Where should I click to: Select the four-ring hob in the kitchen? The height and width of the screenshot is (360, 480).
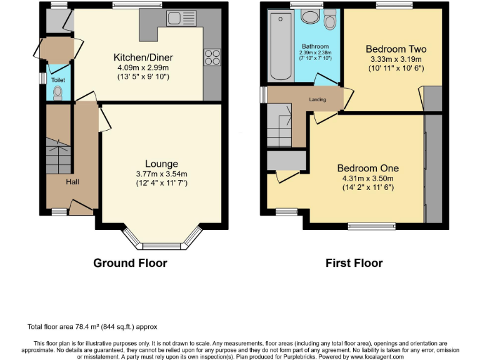tap(212, 57)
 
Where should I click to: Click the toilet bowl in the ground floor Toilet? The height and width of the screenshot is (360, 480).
tap(58, 92)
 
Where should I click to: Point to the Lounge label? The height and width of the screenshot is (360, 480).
tap(161, 164)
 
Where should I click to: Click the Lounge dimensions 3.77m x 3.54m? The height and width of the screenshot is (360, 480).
tap(161, 174)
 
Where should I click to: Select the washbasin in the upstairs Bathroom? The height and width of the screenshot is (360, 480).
tap(309, 17)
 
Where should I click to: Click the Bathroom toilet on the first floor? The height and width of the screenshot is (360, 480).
tap(330, 21)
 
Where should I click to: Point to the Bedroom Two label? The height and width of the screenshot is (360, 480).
tap(396, 49)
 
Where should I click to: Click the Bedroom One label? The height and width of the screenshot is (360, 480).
tap(367, 168)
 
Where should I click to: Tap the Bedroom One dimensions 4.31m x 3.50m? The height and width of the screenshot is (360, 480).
tap(367, 178)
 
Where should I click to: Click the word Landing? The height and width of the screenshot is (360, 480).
tap(317, 99)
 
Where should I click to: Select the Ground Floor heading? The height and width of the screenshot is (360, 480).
tap(130, 263)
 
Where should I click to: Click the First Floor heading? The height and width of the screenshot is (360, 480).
tap(354, 263)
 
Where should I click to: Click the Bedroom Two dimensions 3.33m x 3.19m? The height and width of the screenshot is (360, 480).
tap(396, 59)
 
